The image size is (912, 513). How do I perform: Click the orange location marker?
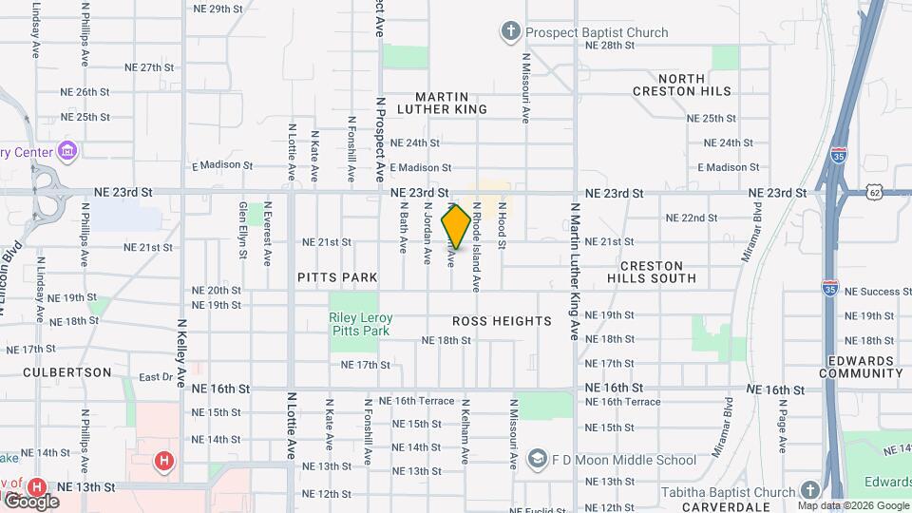pyautogui.click(x=456, y=227)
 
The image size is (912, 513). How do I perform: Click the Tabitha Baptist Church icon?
pyautogui.click(x=809, y=491)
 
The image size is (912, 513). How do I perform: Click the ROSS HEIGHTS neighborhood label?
pyautogui.click(x=502, y=321)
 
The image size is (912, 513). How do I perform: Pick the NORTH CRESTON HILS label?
pyautogui.click(x=682, y=85)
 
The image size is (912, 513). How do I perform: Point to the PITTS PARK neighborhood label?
pyautogui.click(x=337, y=277)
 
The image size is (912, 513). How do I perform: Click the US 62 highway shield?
pyautogui.click(x=875, y=193)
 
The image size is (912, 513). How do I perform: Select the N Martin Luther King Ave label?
pyautogui.click(x=575, y=270)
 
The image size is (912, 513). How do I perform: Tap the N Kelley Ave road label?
pyautogui.click(x=180, y=351)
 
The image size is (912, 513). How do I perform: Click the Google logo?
pyautogui.click(x=30, y=501)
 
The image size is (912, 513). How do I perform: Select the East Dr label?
pyautogui.click(x=155, y=377)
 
